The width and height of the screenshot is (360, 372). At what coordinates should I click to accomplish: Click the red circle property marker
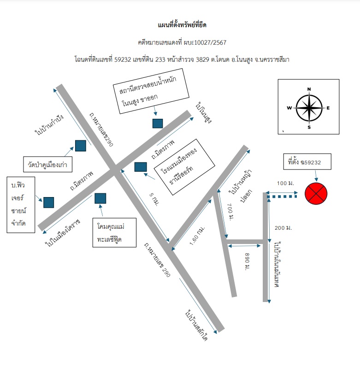316,193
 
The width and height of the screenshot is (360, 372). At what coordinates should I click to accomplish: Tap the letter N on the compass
309,89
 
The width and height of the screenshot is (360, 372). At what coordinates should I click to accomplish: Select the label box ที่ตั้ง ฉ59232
307,162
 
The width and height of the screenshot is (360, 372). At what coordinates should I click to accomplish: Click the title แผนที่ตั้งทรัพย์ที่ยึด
182,25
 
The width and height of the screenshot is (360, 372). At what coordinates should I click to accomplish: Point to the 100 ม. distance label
285,183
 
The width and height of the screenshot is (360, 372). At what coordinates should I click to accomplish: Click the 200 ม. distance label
283,228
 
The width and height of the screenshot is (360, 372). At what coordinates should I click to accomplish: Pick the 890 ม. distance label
247,262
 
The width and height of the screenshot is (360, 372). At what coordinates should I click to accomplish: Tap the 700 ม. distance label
230,212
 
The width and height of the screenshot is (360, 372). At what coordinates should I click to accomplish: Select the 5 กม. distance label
154,199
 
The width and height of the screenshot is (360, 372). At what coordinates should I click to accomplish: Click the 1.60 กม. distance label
197,236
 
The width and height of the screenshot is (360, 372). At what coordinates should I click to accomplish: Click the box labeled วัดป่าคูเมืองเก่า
48,164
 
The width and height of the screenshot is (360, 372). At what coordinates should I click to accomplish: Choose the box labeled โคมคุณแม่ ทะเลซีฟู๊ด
114,232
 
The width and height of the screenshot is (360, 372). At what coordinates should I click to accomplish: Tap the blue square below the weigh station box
158,123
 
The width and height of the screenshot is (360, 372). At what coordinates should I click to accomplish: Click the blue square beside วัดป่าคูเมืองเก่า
81,145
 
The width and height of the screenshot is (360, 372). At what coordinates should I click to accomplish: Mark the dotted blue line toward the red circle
282,197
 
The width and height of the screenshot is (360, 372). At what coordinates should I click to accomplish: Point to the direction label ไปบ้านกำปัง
49,125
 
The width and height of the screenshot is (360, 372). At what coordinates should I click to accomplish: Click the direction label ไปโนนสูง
204,113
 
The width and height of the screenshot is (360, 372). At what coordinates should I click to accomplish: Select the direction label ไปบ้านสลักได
197,325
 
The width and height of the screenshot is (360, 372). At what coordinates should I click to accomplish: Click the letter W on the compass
289,108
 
